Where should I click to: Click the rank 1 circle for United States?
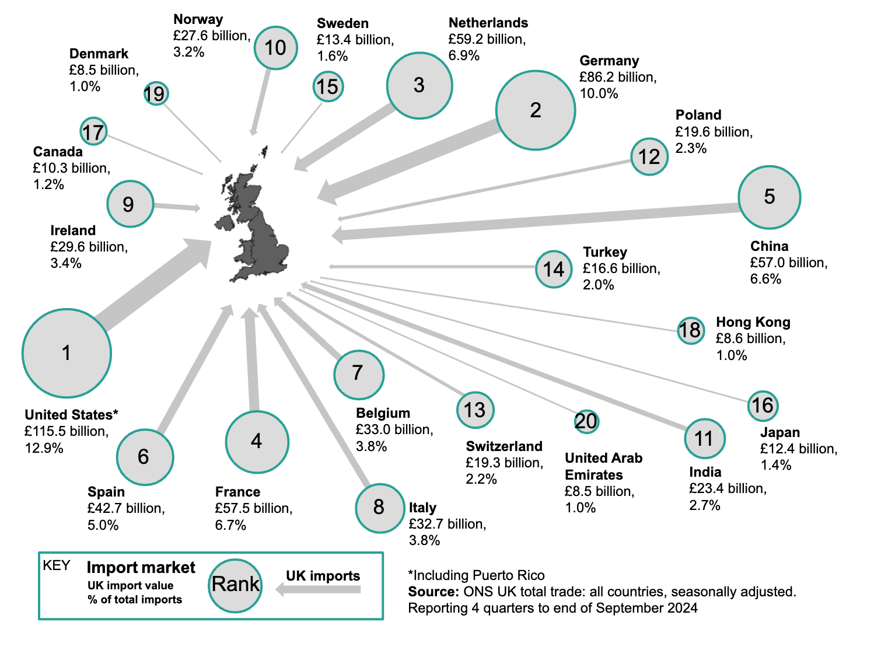(x=67, y=353)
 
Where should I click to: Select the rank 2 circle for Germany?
(x=536, y=110)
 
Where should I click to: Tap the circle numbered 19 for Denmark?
(x=156, y=93)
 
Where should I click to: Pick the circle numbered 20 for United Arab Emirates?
(x=586, y=421)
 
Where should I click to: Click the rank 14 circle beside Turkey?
(x=554, y=269)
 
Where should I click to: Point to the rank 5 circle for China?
(x=769, y=197)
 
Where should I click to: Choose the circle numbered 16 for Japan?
(x=763, y=406)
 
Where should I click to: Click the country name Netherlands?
(x=488, y=23)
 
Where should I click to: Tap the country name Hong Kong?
(x=753, y=322)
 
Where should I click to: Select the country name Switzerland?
(x=504, y=446)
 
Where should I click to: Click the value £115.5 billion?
(x=66, y=431)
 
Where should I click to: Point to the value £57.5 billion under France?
(x=253, y=508)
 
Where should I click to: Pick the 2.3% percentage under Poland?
(x=691, y=148)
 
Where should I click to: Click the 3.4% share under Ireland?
(x=66, y=263)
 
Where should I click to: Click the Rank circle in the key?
(x=235, y=585)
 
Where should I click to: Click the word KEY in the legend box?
(x=57, y=565)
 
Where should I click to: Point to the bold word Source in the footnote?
(x=433, y=592)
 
